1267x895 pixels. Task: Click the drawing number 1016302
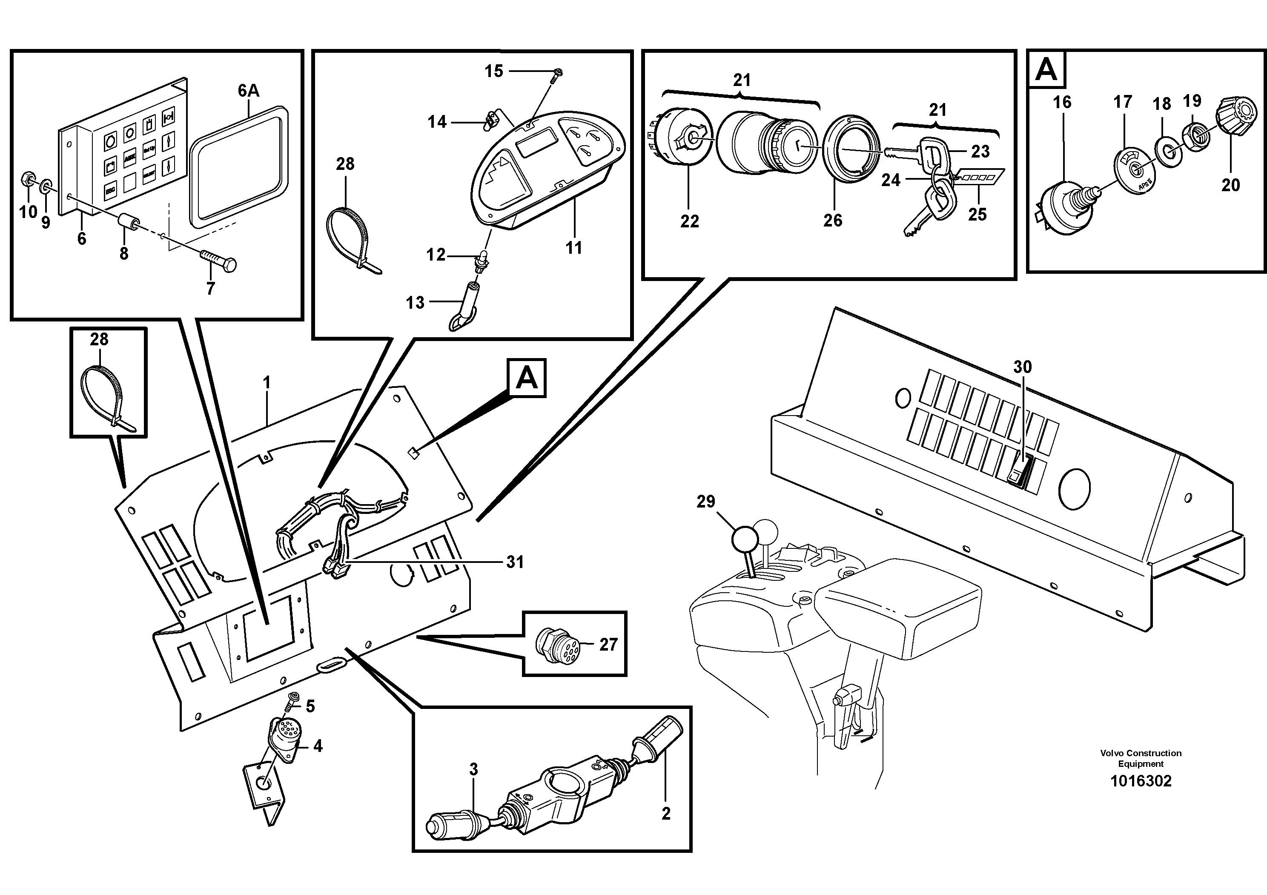1140,781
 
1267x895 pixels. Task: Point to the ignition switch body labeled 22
680,136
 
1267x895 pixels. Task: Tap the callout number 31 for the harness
514,562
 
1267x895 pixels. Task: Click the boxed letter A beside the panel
527,379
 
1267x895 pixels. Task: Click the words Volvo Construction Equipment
1140,759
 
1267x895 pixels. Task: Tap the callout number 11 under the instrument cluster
574,248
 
